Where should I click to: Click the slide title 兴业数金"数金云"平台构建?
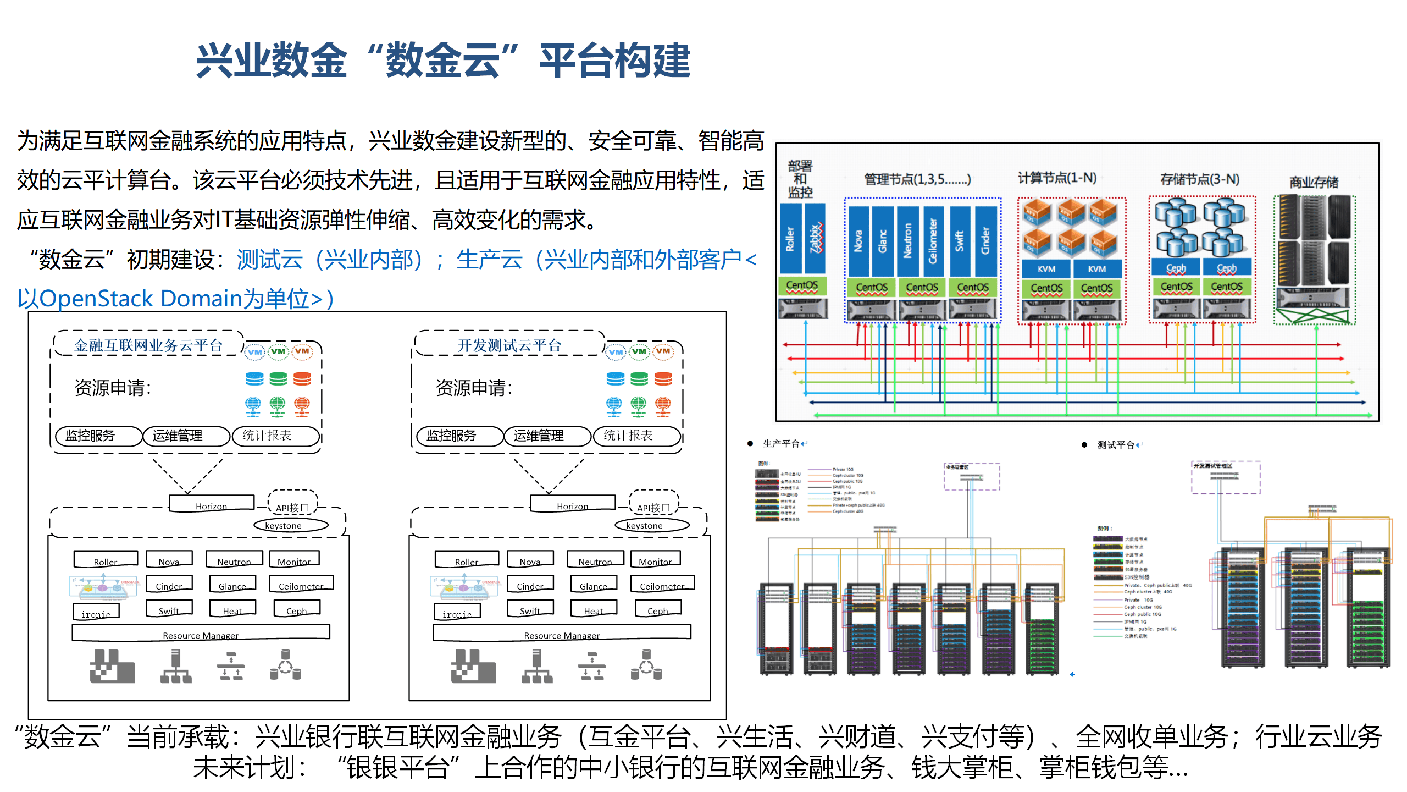(443, 61)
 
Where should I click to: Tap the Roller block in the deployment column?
(790, 239)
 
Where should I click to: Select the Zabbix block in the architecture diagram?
(816, 239)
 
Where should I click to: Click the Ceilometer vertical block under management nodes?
(933, 241)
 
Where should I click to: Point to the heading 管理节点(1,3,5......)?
(917, 179)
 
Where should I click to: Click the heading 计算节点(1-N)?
(1057, 178)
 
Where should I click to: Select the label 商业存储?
(1314, 182)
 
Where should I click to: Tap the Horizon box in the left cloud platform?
(211, 504)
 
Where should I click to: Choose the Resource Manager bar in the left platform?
(201, 633)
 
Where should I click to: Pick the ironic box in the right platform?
(457, 612)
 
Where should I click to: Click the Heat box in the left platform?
(232, 609)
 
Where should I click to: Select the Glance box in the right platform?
(593, 584)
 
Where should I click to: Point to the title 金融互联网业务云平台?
(148, 345)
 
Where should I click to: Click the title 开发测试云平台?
(509, 345)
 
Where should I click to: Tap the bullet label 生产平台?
(781, 444)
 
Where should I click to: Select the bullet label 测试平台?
(1115, 445)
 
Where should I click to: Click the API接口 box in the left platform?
(292, 507)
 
